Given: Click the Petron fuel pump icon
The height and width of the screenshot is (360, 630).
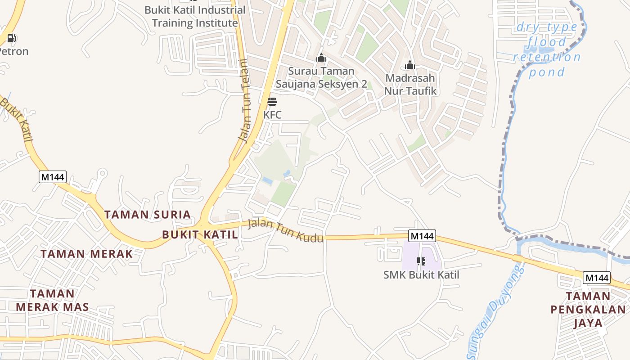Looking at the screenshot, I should (12, 38).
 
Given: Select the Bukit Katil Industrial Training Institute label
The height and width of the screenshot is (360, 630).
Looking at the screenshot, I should (195, 16).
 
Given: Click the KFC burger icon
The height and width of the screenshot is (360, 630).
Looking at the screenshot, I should (272, 101).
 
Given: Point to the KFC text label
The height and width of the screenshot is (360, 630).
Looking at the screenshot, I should (272, 114).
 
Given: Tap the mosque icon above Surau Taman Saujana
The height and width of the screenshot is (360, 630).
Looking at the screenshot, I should (321, 58).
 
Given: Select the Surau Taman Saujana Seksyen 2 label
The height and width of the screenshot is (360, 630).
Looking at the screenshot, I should (321, 77).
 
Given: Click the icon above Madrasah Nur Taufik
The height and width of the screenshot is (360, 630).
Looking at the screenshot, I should (409, 65).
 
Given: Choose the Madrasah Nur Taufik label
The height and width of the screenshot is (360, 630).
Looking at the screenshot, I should (410, 84).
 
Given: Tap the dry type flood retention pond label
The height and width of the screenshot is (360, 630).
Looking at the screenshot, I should (547, 49).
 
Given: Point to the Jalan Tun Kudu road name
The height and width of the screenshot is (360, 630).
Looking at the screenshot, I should (285, 230).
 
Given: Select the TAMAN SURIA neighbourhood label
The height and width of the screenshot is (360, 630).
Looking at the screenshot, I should (148, 214).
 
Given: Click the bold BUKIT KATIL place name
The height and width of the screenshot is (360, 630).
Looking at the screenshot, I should (199, 234).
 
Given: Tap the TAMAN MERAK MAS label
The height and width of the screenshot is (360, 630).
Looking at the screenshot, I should (52, 300).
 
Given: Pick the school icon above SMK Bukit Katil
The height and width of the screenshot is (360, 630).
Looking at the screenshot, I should (421, 261).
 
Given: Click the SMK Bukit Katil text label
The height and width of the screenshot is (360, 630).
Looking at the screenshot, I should (421, 274).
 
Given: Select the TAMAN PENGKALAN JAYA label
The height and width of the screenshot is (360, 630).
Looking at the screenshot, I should (588, 310).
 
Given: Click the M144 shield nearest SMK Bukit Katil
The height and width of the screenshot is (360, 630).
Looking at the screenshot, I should (422, 236).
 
